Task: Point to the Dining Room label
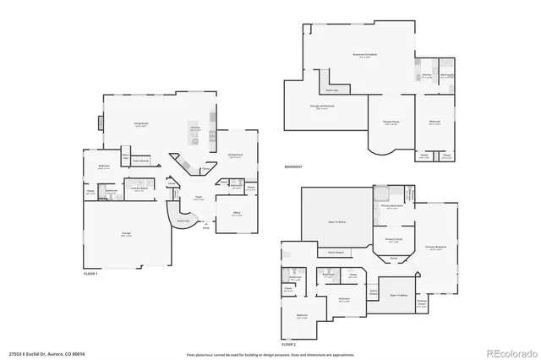coord(235,155)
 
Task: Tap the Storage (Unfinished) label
coord(322,106)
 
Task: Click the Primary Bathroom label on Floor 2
coord(391,205)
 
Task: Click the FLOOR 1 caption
coord(91,275)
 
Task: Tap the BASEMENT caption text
coord(293,166)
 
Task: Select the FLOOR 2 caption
coord(289,345)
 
